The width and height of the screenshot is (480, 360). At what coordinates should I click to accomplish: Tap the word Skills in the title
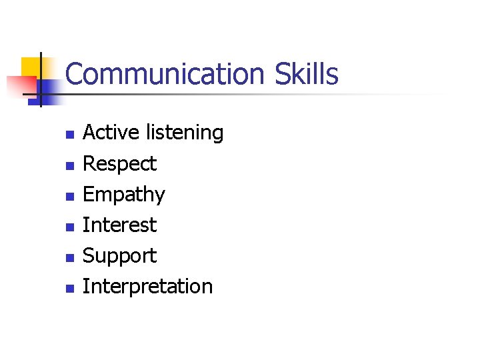(x=309, y=74)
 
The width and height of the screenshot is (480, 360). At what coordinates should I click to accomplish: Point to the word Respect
(x=119, y=164)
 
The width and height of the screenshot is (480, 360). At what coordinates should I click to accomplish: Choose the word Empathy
(x=123, y=195)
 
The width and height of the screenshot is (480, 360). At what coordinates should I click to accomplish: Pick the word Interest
(x=119, y=225)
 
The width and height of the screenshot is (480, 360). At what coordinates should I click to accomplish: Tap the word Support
(x=119, y=256)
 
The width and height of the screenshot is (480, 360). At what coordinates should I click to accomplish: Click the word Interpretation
(x=147, y=287)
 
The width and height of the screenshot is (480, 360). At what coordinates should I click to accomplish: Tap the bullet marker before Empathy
(x=69, y=197)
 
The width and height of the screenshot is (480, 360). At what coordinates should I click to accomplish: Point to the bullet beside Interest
(x=69, y=227)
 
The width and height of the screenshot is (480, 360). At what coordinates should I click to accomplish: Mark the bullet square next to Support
(x=69, y=258)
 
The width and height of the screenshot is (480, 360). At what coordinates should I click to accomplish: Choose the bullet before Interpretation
(x=69, y=289)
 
